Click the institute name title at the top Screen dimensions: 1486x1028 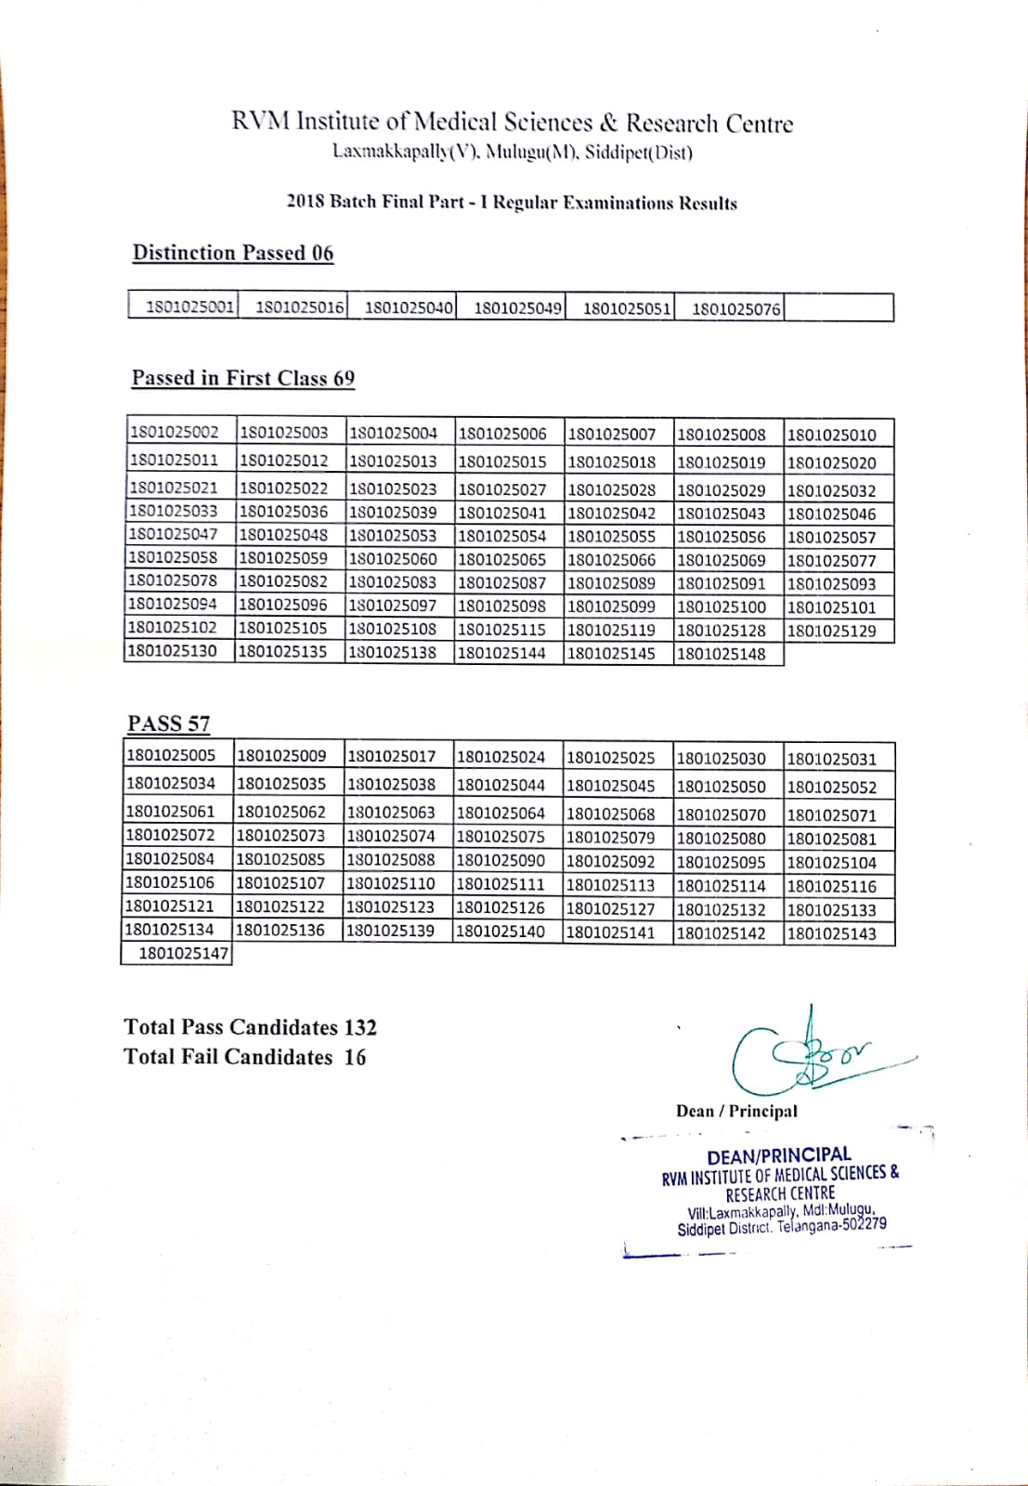tap(513, 123)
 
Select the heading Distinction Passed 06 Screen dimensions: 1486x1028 tap(233, 253)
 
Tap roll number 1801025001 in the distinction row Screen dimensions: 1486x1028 tap(189, 307)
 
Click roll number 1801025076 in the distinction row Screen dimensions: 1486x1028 tap(735, 308)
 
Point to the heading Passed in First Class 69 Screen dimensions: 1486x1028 tap(243, 378)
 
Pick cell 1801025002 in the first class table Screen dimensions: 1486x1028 tap(175, 432)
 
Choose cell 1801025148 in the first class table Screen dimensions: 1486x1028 tap(722, 654)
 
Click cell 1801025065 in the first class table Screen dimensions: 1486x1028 tap(501, 560)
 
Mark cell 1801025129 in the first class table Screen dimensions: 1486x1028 tap(831, 631)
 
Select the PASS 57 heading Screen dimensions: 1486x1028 tap(169, 723)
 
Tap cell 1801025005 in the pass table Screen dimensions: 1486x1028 tap(171, 755)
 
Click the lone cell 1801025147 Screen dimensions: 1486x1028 tap(183, 954)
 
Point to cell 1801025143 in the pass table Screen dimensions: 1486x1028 tap(831, 934)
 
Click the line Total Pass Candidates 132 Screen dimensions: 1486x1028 tap(251, 1027)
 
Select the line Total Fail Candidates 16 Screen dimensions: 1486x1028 tap(245, 1057)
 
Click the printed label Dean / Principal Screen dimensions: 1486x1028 tap(736, 1111)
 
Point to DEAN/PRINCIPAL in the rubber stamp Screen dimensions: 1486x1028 tap(779, 1155)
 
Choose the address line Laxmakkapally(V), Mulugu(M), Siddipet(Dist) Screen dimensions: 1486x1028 tap(513, 151)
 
